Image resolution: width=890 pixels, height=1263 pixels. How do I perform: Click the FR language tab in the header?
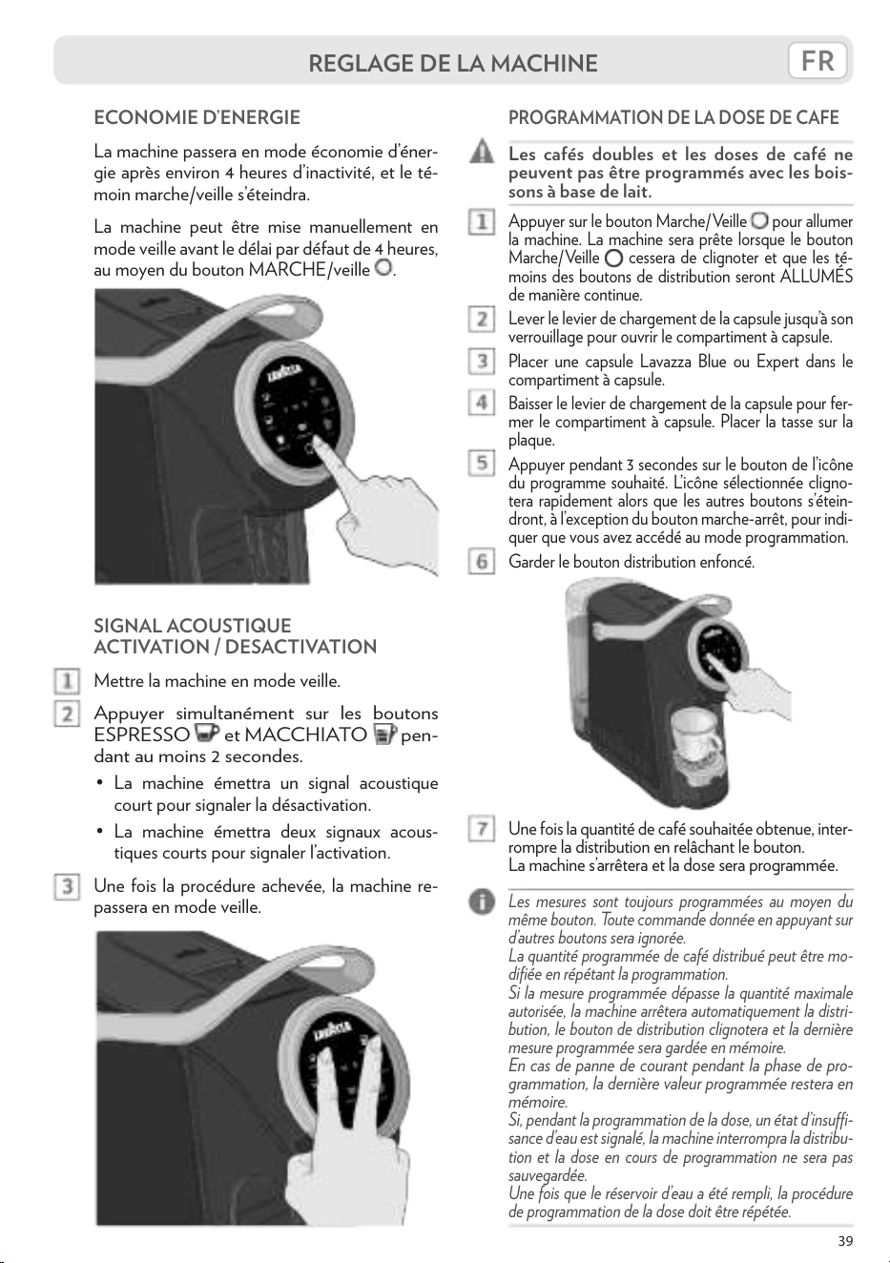(x=818, y=60)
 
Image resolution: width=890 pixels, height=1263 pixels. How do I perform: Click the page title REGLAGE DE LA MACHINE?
(x=453, y=63)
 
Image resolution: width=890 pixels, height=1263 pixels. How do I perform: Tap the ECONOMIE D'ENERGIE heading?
(x=197, y=117)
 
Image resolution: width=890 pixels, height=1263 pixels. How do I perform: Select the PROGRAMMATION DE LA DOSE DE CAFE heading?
(x=673, y=117)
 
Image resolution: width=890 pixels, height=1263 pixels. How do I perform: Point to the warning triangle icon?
(x=481, y=154)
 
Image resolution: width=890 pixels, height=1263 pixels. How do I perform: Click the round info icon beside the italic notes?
(x=481, y=902)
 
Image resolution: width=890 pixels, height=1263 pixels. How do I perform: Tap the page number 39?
(x=845, y=1241)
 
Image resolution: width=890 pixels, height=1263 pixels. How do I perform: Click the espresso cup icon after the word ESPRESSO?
(x=206, y=734)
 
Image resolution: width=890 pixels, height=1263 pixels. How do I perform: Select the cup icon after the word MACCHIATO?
(x=385, y=735)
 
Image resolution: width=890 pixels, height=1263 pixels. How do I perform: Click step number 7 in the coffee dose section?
(x=482, y=829)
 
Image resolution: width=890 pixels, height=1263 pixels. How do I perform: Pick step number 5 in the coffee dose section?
(x=482, y=463)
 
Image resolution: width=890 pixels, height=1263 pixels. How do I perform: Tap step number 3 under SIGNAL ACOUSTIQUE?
(x=67, y=887)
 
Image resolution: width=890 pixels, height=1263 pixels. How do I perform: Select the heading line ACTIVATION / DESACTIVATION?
(x=236, y=647)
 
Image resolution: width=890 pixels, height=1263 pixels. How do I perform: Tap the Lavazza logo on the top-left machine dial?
(x=288, y=374)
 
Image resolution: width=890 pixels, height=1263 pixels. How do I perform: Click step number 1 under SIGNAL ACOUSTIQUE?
(x=67, y=681)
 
